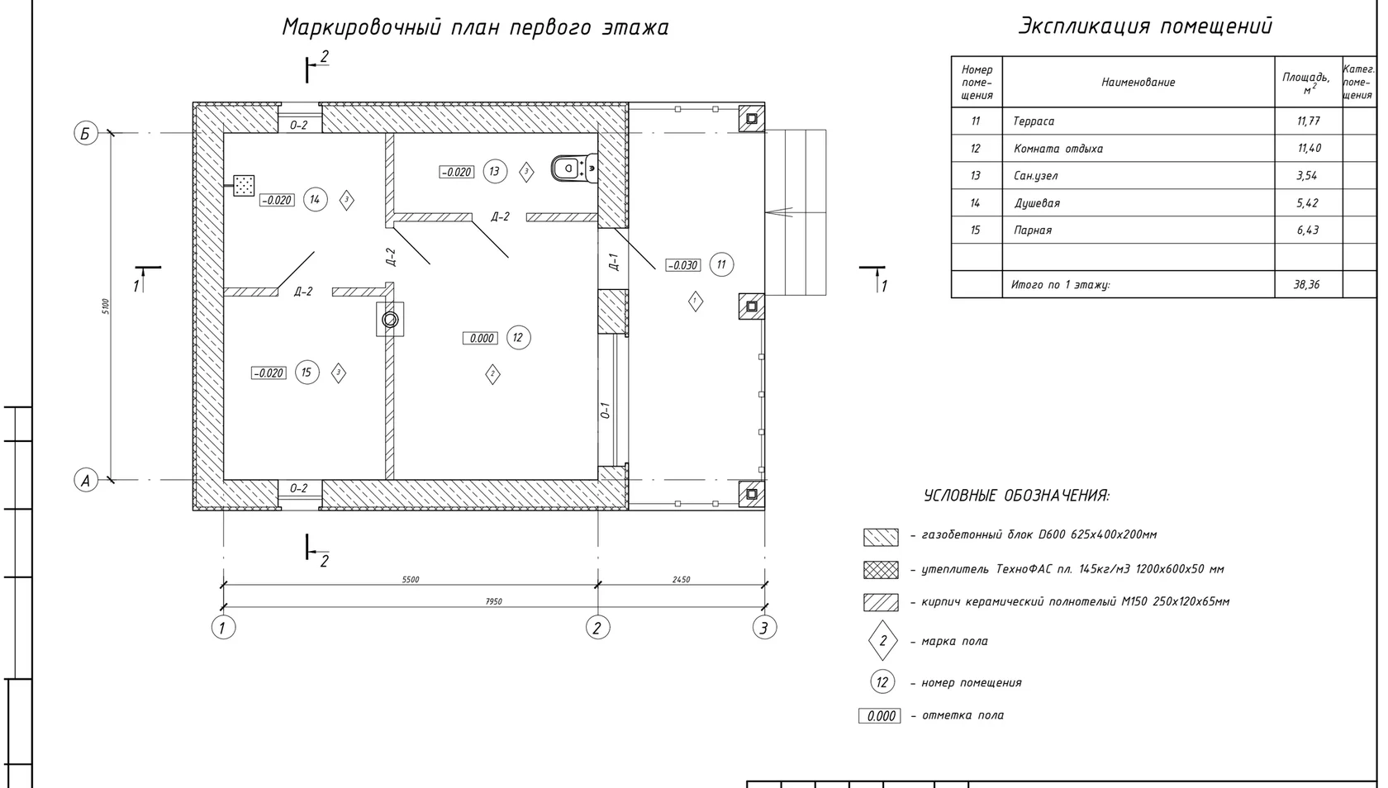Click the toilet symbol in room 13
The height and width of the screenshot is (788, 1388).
pos(573,168)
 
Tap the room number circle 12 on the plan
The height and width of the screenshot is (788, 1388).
pos(518,338)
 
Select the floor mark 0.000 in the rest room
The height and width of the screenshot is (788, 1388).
pos(480,339)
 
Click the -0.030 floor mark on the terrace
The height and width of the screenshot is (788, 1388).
pos(682,265)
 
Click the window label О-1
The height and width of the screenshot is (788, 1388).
pos(606,410)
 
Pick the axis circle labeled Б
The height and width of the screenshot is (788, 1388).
pos(86,133)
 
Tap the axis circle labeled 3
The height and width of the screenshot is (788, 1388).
pos(764,628)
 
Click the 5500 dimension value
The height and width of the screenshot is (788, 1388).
pos(410,580)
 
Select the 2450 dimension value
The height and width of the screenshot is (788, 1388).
pos(681,580)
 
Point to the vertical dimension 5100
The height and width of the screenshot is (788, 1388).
pos(106,306)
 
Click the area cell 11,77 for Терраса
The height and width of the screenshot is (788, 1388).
pos(1308,121)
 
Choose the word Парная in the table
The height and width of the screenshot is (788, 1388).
pos(1033,230)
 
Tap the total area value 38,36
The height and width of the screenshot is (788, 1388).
pos(1306,285)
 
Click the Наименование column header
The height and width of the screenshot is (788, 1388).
pos(1138,83)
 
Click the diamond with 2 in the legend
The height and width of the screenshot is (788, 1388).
pos(883,641)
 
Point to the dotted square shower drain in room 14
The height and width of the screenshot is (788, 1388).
pos(245,185)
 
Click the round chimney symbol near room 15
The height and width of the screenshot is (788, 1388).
pos(390,320)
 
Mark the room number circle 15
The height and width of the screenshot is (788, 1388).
pos(307,373)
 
